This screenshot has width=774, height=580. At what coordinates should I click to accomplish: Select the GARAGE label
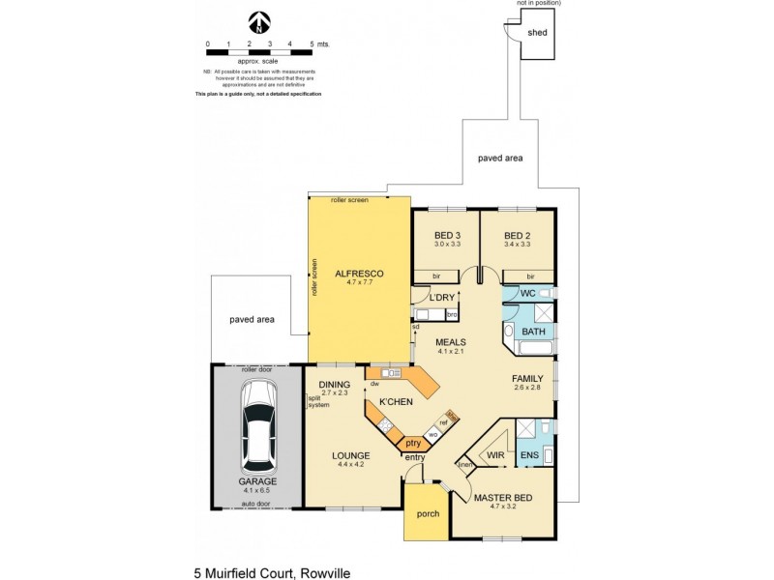coord(257,480)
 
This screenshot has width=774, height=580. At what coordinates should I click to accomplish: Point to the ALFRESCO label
coord(359,274)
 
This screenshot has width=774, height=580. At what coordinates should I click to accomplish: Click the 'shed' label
coord(537,33)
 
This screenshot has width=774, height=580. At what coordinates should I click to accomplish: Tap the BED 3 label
coord(447,236)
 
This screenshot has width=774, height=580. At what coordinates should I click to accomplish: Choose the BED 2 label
coord(517,236)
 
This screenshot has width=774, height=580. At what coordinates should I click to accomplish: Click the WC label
coord(527,293)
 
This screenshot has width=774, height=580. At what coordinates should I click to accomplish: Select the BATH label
coord(533,332)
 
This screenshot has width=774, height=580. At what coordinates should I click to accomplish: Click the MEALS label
coord(451,342)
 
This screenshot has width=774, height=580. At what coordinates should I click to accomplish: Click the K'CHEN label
coord(396,401)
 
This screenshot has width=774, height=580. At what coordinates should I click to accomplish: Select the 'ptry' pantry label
coord(413,443)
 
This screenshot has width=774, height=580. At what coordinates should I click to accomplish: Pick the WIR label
coord(495,453)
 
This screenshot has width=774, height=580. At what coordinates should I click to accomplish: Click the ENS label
coord(529,453)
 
